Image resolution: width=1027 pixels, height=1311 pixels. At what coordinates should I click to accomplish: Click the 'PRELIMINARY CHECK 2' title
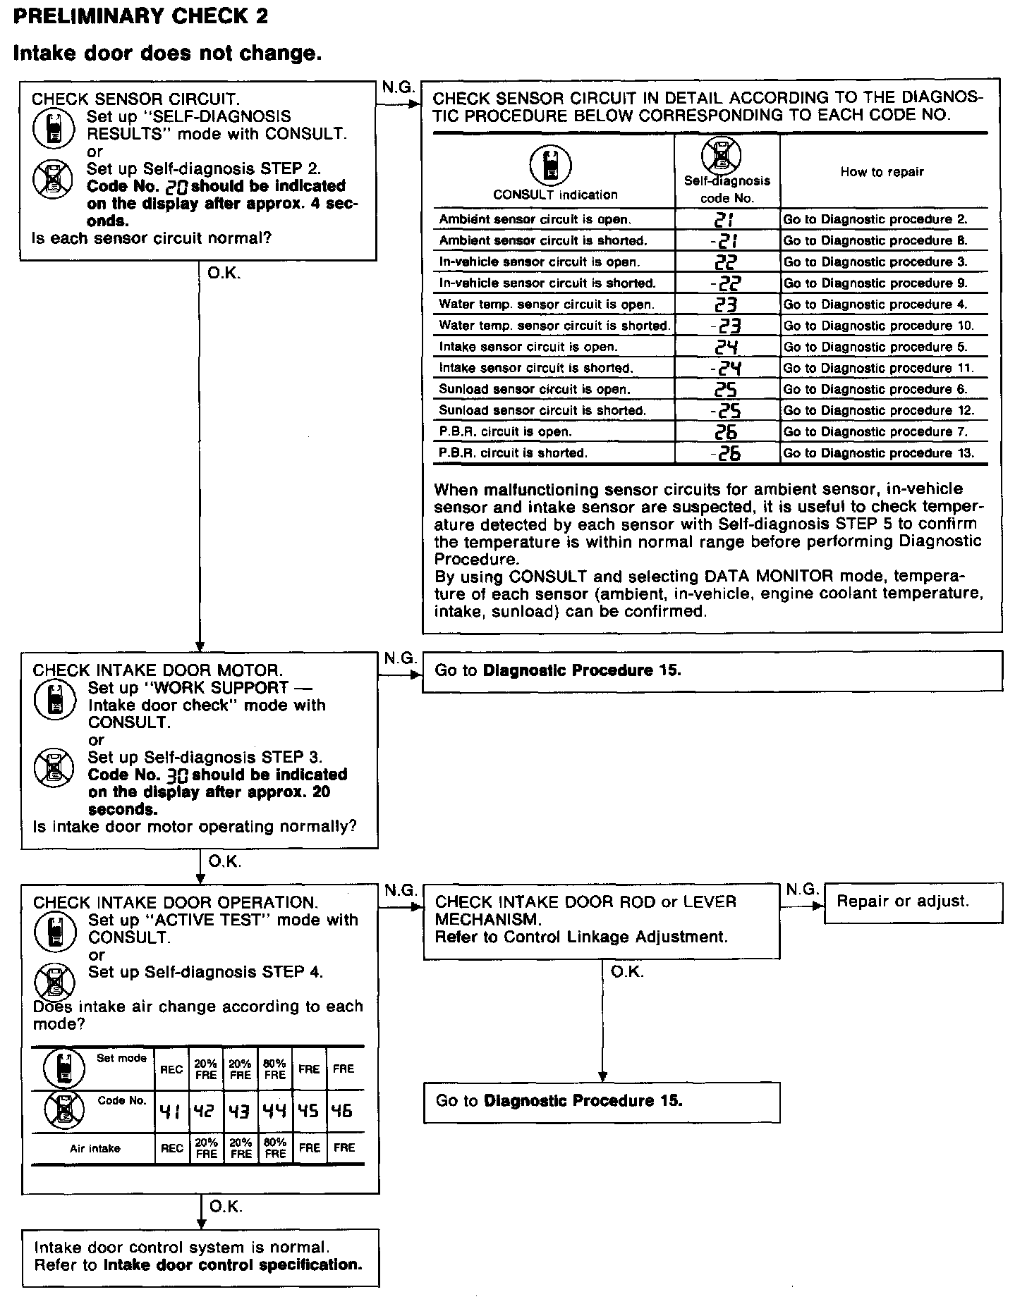(x=140, y=17)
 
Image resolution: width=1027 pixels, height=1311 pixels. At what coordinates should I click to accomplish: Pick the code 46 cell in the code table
(x=343, y=1112)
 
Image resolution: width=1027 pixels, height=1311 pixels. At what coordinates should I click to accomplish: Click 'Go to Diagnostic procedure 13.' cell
(x=879, y=453)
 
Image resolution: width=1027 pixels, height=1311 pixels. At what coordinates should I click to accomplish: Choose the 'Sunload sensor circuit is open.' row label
(x=535, y=389)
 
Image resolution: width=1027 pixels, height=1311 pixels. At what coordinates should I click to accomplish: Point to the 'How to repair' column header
(x=882, y=172)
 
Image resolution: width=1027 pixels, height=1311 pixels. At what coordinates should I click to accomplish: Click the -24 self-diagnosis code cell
(x=727, y=368)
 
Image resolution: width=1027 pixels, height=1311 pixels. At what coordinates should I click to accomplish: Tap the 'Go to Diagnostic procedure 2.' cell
(x=875, y=219)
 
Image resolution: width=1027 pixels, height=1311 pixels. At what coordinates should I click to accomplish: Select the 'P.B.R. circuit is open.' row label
(x=505, y=431)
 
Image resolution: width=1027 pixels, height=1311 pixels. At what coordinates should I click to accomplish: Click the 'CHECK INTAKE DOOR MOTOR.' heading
(x=158, y=670)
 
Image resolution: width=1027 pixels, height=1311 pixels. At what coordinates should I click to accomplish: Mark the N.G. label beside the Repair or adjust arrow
(x=802, y=890)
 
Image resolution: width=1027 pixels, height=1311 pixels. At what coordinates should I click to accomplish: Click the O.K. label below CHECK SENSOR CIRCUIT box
(x=224, y=273)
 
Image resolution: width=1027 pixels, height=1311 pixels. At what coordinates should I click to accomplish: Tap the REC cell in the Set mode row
(x=171, y=1069)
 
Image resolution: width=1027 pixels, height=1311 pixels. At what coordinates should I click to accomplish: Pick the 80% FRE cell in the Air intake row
(x=275, y=1148)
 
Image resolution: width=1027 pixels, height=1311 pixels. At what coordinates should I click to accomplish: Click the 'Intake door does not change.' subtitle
(x=168, y=54)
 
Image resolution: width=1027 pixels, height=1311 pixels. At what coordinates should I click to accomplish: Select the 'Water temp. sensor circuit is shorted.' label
(x=554, y=326)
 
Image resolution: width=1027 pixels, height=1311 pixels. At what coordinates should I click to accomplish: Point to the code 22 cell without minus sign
(x=727, y=262)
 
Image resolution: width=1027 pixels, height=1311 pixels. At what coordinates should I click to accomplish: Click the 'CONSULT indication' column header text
(x=555, y=195)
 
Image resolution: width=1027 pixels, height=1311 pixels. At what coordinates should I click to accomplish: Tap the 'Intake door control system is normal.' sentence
(x=181, y=1248)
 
